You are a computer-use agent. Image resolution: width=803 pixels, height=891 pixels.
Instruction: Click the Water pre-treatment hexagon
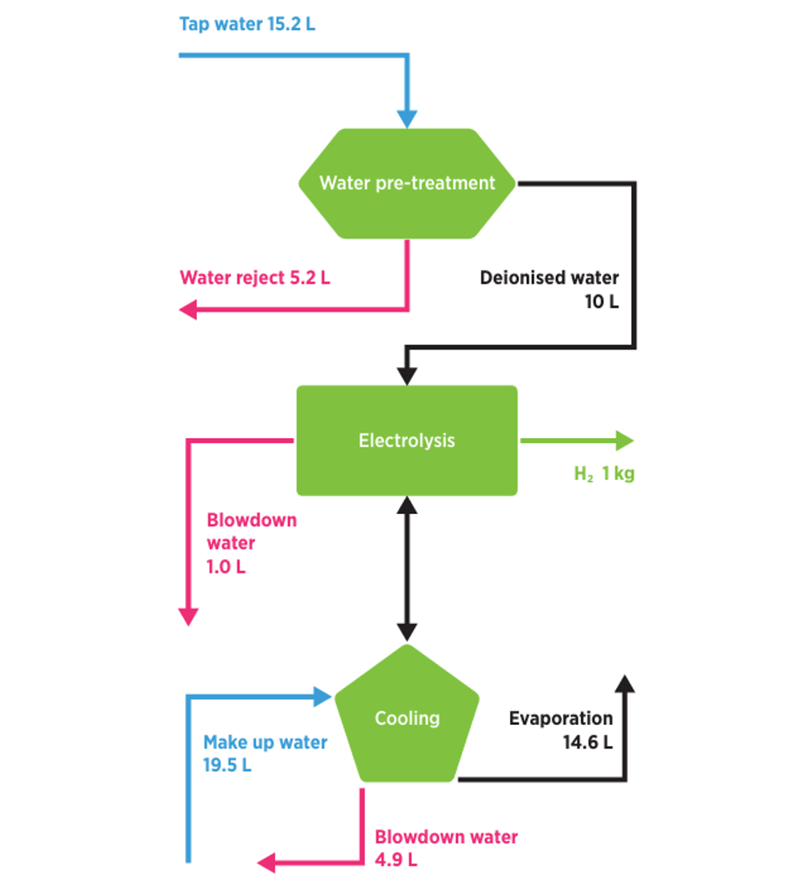407,184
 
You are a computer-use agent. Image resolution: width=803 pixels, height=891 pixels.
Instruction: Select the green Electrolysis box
407,440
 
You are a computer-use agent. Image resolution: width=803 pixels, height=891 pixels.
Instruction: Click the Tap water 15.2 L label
247,23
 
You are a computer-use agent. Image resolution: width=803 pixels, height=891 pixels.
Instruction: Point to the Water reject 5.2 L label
255,278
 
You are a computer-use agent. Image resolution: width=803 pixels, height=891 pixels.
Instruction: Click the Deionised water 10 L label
549,289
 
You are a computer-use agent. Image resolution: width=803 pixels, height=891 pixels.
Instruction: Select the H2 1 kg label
604,474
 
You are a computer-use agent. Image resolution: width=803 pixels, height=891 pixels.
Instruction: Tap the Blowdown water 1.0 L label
251,543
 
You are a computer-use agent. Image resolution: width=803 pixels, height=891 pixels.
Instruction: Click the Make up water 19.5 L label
265,753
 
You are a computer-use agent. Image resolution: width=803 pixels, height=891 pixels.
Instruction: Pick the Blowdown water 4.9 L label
446,848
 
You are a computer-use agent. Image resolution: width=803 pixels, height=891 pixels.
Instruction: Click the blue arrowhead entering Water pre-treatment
407,118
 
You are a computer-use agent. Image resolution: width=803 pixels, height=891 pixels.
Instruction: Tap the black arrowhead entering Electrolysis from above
407,375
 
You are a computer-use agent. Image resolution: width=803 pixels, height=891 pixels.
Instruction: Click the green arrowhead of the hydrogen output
624,440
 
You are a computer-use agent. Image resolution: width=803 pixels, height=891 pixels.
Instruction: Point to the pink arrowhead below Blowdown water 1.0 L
189,616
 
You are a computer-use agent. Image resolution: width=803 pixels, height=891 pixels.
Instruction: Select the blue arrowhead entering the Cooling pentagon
323,697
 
